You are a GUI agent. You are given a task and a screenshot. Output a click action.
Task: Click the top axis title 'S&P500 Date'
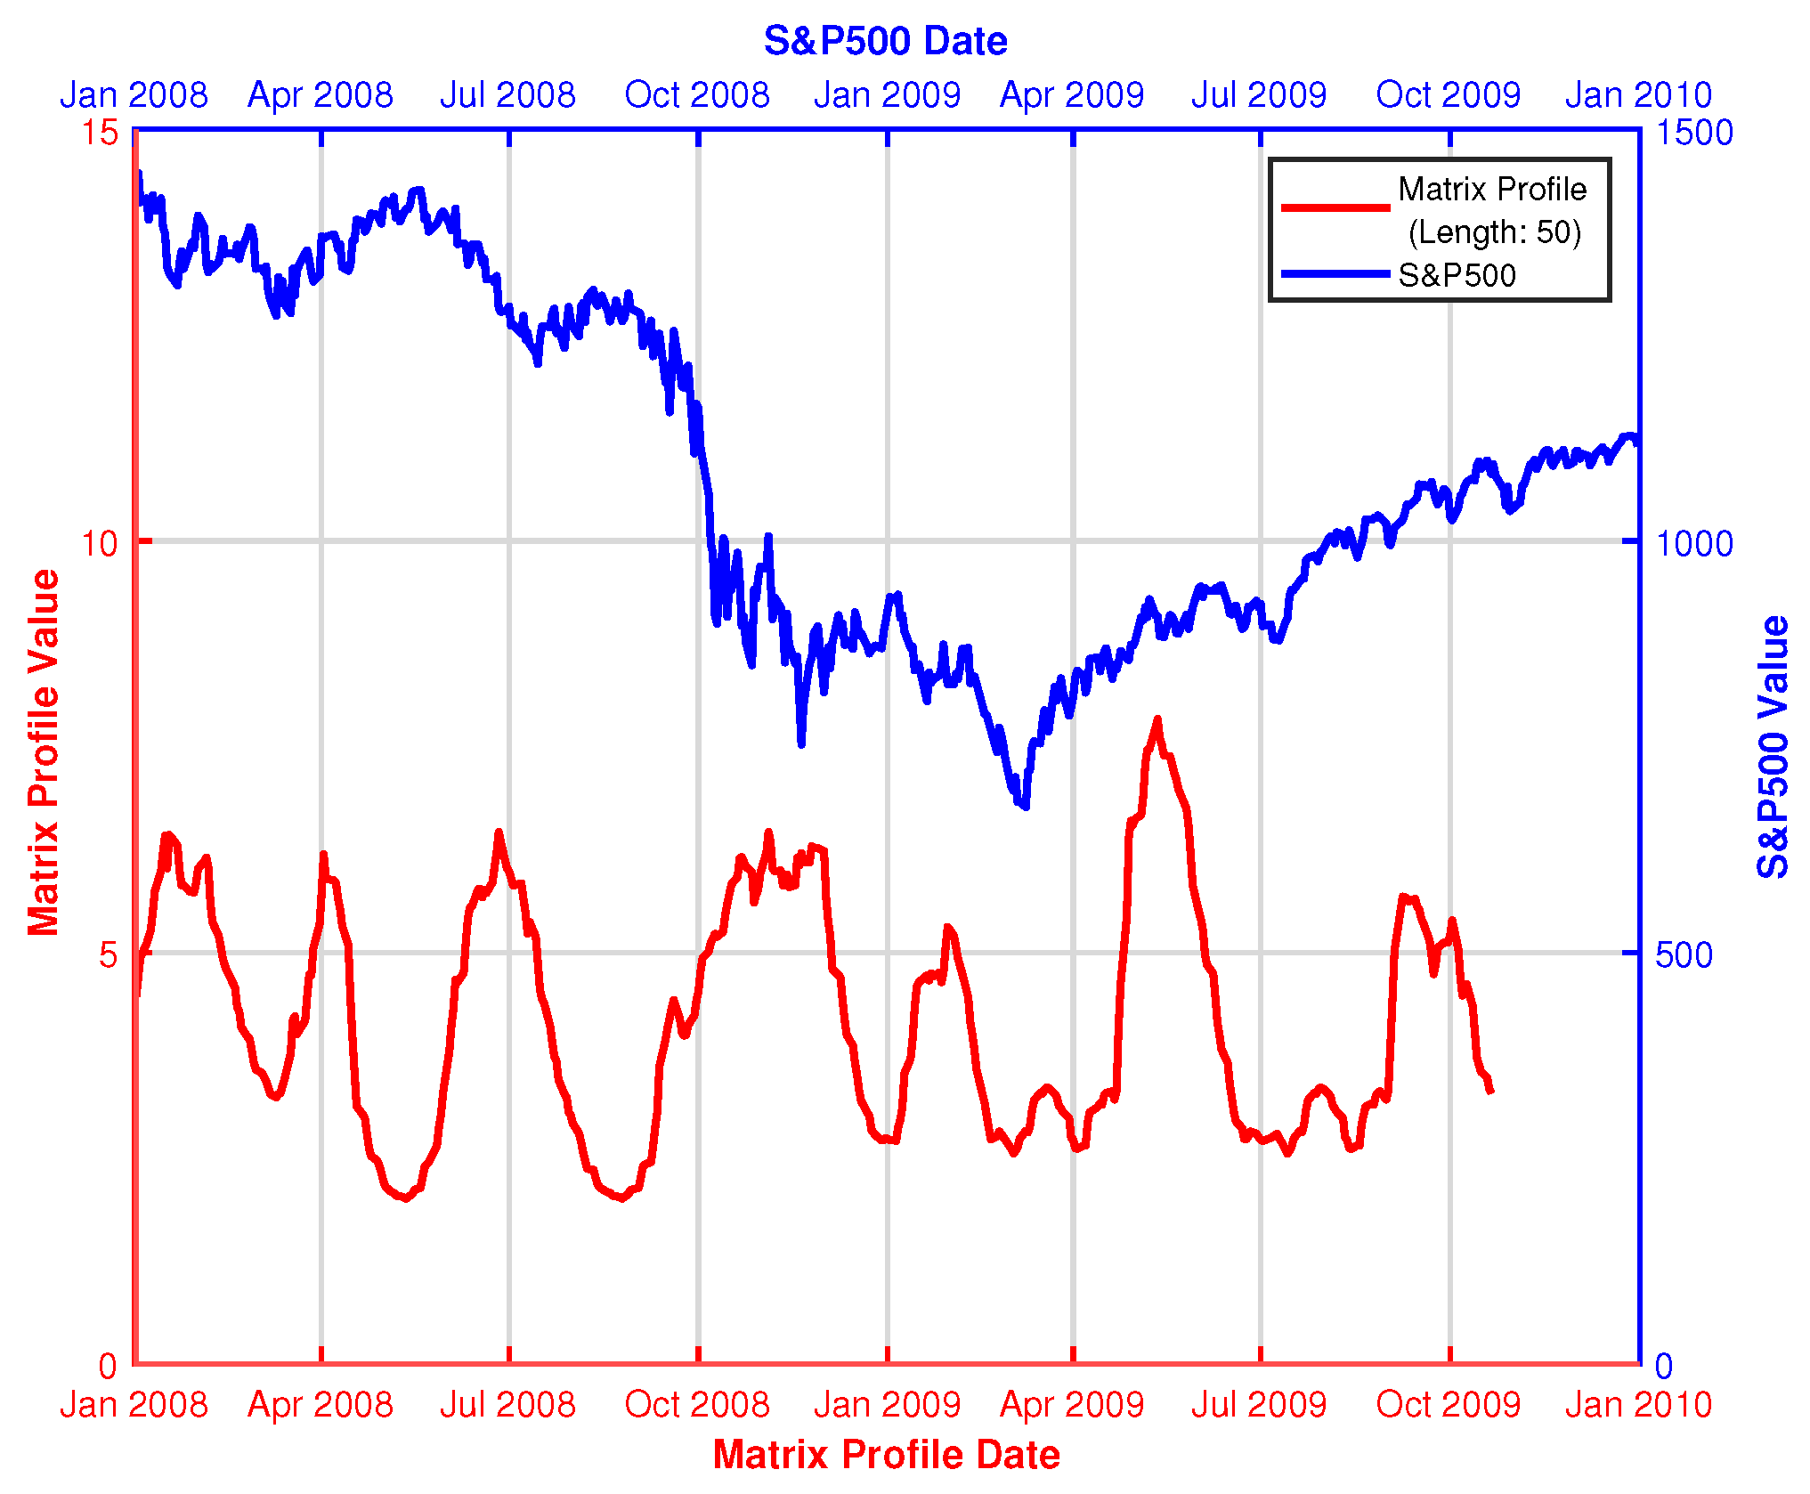pos(885,41)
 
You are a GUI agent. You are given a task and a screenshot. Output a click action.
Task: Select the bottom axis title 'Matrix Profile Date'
pos(886,1454)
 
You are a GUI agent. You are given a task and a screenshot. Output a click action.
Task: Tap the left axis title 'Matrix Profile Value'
pos(43,752)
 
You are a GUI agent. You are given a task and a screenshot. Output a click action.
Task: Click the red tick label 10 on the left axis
pos(100,542)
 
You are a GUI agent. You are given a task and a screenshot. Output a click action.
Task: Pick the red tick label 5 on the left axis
pos(108,954)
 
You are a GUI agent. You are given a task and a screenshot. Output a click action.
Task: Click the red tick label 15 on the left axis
pos(100,133)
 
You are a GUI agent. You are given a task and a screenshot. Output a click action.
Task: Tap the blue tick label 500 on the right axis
pos(1684,954)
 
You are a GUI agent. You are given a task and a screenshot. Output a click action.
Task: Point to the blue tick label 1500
pos(1693,133)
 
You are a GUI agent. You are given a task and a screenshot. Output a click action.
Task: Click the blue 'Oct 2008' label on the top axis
pos(697,94)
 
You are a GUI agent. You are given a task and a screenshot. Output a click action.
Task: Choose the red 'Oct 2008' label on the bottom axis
pos(697,1404)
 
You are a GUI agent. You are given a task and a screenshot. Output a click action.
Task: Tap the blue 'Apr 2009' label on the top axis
pos(1072,94)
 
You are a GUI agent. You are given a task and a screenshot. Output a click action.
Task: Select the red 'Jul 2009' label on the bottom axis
pos(1259,1404)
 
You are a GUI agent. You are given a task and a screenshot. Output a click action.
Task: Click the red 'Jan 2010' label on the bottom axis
pos(1638,1404)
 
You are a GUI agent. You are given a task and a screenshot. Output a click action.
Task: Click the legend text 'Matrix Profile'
pos(1492,189)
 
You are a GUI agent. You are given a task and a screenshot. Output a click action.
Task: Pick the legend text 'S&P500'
pos(1457,275)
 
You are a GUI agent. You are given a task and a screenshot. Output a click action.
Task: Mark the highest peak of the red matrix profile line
pos(1157,719)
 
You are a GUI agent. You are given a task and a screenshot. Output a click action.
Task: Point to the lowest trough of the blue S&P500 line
pos(1026,807)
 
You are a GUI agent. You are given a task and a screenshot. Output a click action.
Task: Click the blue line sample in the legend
pos(1335,274)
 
